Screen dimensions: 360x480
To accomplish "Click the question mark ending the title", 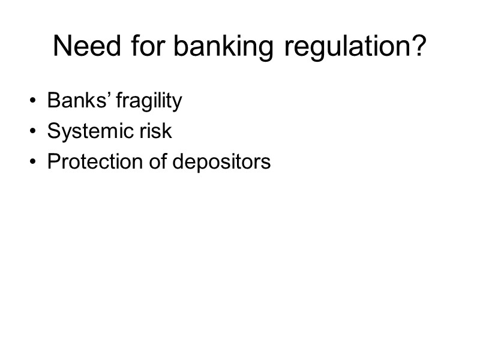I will [x=419, y=46].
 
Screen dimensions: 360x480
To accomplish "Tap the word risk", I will [x=157, y=131].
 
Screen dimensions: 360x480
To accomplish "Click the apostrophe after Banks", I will [x=108, y=95].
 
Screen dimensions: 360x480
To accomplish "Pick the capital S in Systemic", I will [x=53, y=131].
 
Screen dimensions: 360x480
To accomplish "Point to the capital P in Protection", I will [x=53, y=162].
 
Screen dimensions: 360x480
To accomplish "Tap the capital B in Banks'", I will [x=53, y=101].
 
